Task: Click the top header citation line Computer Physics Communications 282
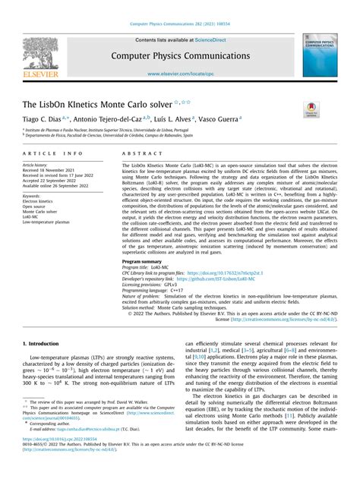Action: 179,25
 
